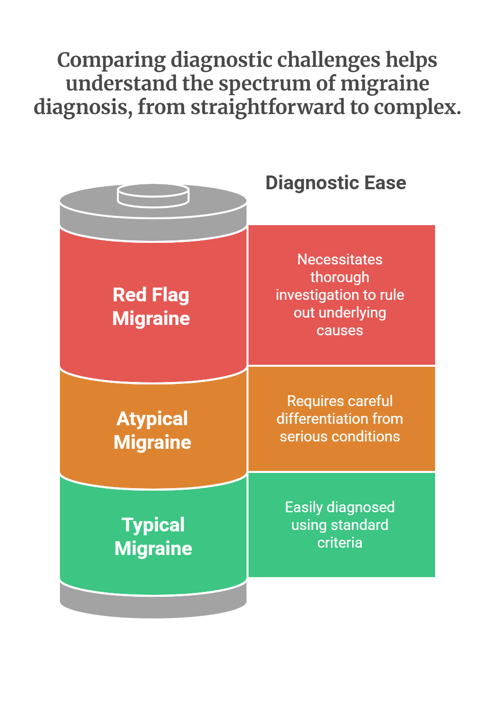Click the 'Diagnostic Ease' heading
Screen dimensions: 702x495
[x=335, y=183]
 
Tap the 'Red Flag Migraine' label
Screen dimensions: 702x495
[x=151, y=307]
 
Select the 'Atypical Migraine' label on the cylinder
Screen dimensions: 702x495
[x=152, y=431]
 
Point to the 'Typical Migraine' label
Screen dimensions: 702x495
[x=153, y=537]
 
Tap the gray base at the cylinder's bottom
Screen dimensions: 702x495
[x=153, y=605]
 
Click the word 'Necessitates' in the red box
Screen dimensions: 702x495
[x=340, y=260]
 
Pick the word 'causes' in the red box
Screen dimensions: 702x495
[x=340, y=330]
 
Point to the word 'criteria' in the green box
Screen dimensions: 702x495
[x=340, y=543]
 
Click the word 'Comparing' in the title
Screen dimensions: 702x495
[x=111, y=60]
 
